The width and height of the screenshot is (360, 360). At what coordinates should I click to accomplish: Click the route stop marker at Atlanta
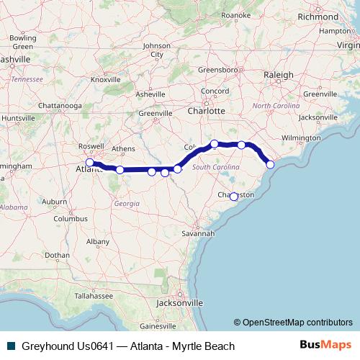90,162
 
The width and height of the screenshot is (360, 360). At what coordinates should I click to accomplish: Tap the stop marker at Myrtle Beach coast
271,165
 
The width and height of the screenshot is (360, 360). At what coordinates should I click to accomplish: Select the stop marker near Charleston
233,197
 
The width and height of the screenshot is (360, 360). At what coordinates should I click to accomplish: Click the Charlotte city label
206,111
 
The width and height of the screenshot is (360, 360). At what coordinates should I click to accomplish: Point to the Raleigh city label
278,74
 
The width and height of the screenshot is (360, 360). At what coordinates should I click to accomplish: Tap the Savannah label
198,233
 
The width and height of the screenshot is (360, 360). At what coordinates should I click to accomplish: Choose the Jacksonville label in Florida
177,303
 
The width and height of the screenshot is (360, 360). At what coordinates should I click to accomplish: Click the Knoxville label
106,79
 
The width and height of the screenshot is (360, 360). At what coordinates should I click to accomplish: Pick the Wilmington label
301,137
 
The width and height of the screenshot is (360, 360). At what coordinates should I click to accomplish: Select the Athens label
123,149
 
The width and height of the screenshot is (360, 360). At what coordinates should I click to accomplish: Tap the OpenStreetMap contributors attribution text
293,322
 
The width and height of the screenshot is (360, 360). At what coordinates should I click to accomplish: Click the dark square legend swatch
10,346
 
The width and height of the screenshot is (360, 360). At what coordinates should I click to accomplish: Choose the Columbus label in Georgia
69,218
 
